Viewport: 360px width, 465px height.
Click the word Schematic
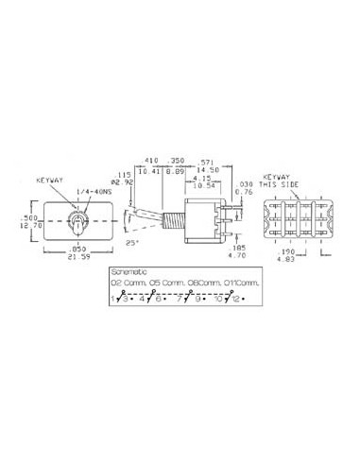129,271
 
